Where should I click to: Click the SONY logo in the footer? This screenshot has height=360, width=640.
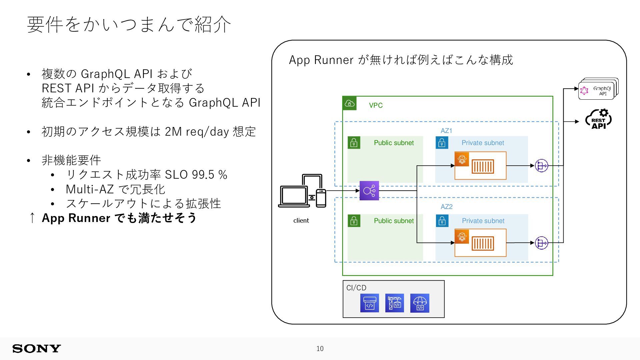coord(37,349)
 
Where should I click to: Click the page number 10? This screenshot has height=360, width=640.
coord(320,349)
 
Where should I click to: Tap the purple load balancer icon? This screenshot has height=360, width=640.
coord(369,191)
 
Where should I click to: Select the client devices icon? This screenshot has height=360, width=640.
coord(302,191)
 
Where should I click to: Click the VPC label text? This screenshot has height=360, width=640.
coord(376,105)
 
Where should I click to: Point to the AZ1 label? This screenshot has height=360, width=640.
coord(446,131)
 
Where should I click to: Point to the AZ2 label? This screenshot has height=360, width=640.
coord(446,207)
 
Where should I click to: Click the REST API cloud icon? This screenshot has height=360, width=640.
coord(599,119)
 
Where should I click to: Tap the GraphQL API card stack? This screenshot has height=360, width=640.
coord(598,89)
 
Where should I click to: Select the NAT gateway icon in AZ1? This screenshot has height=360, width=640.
coord(541,166)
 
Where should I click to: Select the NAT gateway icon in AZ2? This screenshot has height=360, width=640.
coord(541,243)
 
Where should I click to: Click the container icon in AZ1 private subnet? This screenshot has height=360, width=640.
coord(483,167)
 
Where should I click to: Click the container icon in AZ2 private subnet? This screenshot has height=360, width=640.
coord(483,244)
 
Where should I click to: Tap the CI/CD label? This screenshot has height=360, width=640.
coord(356,288)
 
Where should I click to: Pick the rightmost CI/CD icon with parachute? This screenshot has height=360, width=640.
coord(420,303)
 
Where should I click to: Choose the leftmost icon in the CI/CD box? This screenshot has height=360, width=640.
coord(370,303)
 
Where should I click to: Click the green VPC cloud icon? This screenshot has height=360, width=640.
coord(349,103)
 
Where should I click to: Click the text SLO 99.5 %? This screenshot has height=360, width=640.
coord(196,175)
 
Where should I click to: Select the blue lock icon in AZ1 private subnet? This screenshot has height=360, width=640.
coord(442,143)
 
